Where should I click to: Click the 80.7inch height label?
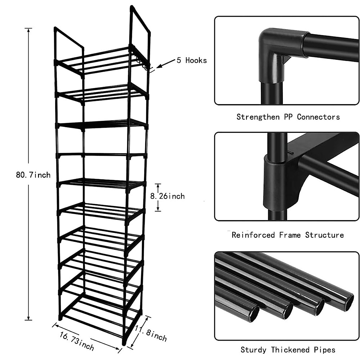33,175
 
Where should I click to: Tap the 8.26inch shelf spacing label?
167,196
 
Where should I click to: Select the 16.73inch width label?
77,341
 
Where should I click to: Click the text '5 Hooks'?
192,60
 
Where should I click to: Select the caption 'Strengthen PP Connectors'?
288,117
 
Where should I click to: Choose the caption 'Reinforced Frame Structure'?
287,235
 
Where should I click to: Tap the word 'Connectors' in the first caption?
318,117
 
